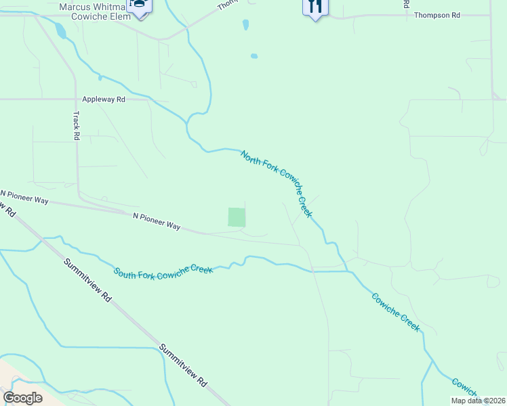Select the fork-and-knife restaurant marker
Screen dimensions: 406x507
pyautogui.click(x=315, y=7)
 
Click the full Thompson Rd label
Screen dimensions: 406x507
pyautogui.click(x=437, y=14)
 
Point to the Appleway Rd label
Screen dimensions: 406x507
pyautogui.click(x=104, y=99)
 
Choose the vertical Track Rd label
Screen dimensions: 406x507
pyautogui.click(x=76, y=126)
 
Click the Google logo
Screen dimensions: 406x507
pyautogui.click(x=22, y=397)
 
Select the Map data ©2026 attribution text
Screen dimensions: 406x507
pyautogui.click(x=478, y=401)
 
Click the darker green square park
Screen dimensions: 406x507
pyautogui.click(x=236, y=217)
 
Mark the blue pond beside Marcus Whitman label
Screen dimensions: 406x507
pyautogui.click(x=60, y=30)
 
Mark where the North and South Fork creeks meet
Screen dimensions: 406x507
pyautogui.click(x=347, y=271)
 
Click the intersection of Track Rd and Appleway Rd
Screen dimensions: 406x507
pyautogui.click(x=76, y=99)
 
